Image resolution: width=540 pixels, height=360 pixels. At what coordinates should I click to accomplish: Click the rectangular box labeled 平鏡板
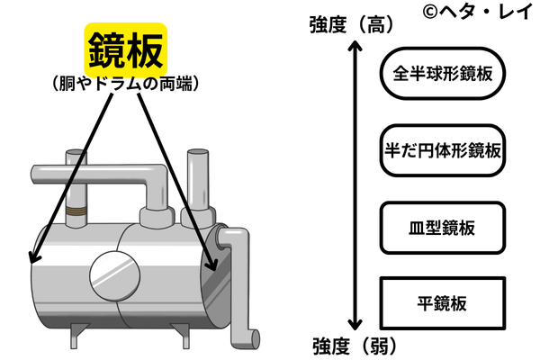pyautogui.click(x=442, y=301)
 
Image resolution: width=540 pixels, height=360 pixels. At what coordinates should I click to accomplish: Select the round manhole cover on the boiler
pyautogui.click(x=115, y=274)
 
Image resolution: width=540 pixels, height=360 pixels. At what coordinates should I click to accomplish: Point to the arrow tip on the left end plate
pyautogui.click(x=32, y=260)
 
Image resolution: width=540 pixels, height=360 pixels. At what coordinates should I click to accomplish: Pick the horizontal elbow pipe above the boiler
pyautogui.click(x=108, y=170)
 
